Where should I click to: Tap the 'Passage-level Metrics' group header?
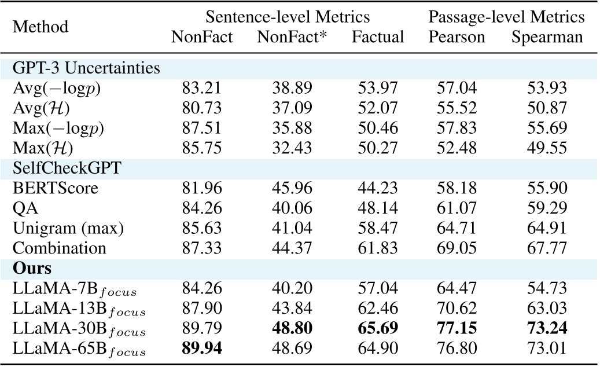[x=506, y=16]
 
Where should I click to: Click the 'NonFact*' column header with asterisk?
[x=292, y=38]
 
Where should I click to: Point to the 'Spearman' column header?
[x=547, y=38]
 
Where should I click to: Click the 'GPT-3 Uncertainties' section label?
[x=87, y=68]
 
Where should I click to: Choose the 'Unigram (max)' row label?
[x=68, y=228]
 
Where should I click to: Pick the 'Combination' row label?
[x=60, y=248]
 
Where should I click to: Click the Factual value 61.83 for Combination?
[x=378, y=248]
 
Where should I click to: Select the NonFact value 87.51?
[x=202, y=128]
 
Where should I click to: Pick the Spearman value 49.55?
[x=547, y=148]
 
